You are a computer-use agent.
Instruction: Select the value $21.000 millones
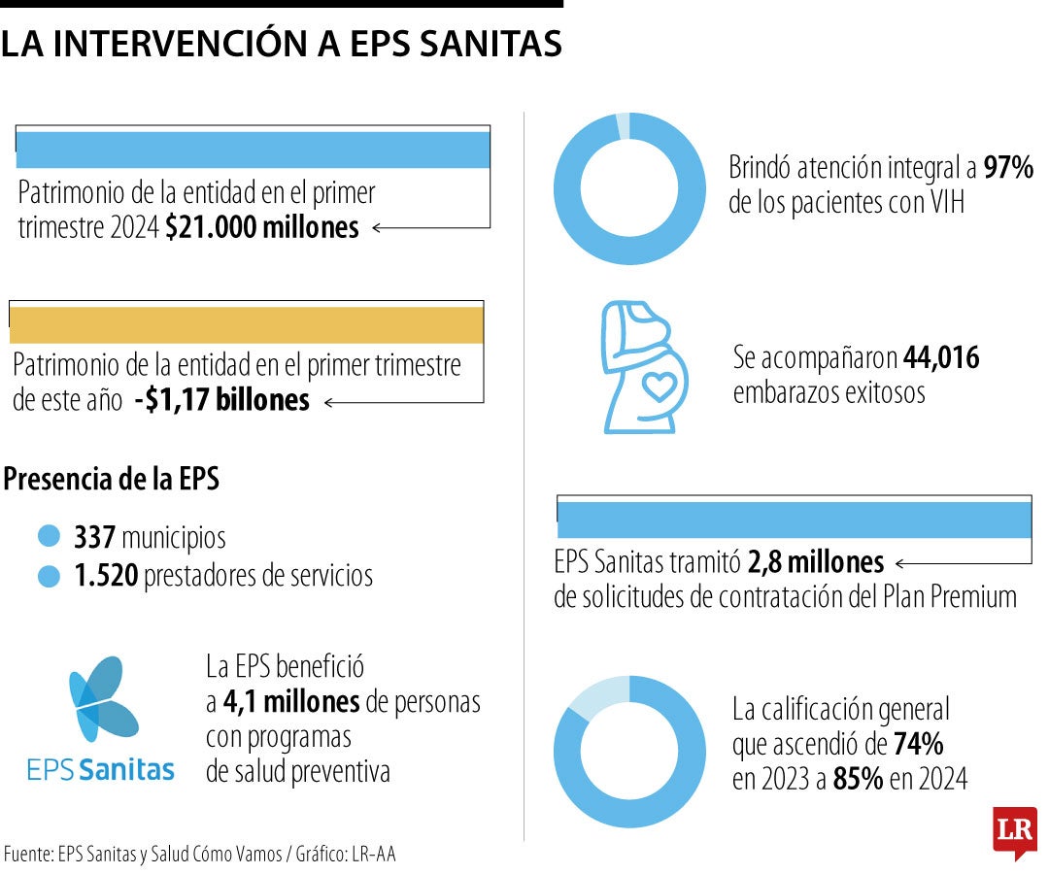pyautogui.click(x=261, y=228)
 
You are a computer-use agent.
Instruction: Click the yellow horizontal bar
pyautogui.click(x=246, y=324)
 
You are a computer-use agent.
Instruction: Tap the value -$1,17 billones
pyautogui.click(x=222, y=400)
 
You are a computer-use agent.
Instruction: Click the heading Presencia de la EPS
pyautogui.click(x=112, y=479)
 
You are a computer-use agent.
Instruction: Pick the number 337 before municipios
pyautogui.click(x=95, y=537)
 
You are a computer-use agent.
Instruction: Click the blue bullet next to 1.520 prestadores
pyautogui.click(x=49, y=577)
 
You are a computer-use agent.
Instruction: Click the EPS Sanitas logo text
pyautogui.click(x=101, y=771)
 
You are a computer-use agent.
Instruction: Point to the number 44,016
pyautogui.click(x=941, y=358)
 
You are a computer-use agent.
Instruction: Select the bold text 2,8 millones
pyautogui.click(x=815, y=562)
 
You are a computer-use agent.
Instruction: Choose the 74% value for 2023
pyautogui.click(x=917, y=745)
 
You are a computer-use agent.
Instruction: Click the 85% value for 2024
pyautogui.click(x=858, y=779)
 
